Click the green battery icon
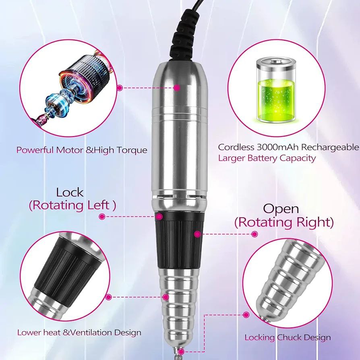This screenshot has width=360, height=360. pyautogui.click(x=276, y=91)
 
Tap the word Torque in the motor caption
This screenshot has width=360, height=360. pyautogui.click(x=132, y=150)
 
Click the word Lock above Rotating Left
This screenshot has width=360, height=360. pyautogui.click(x=70, y=192)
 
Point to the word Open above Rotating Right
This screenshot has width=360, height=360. pyautogui.click(x=281, y=209)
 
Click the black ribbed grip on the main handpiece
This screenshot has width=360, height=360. pyautogui.click(x=179, y=240)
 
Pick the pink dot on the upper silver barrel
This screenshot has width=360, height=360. pyautogui.click(x=177, y=87)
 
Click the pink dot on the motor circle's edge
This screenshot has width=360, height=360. pyautogui.click(x=120, y=88)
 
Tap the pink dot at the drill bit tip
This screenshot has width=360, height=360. pyautogui.click(x=181, y=352)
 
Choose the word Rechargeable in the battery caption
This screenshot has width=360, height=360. pyautogui.click(x=330, y=147)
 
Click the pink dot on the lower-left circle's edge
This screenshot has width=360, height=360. pyautogui.click(x=109, y=297)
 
